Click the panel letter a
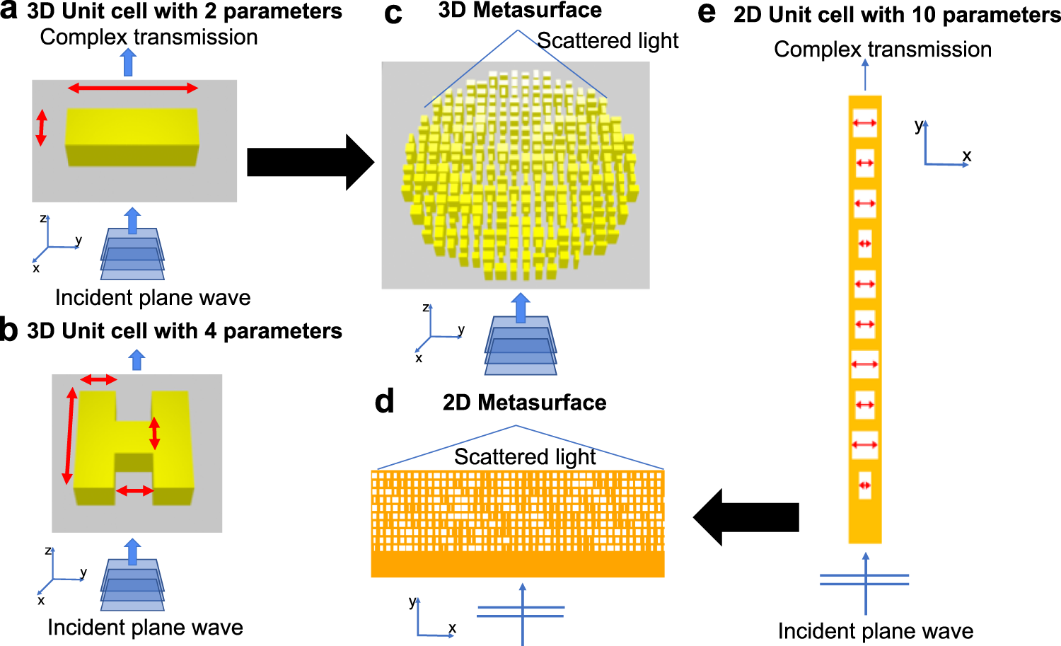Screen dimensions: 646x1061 pos(9,11)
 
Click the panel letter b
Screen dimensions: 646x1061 pos(9,330)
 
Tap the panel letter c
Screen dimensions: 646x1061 pos(393,14)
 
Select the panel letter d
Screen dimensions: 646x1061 pos(384,402)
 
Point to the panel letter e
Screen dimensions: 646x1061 pos(707,13)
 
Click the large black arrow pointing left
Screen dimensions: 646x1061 pos(746,517)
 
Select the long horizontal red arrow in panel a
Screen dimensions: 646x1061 pos(132,88)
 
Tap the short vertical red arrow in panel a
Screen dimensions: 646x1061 pos(41,127)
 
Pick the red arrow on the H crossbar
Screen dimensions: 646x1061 pos(154,434)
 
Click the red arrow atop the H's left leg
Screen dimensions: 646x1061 pos(98,380)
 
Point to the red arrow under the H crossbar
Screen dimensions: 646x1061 pos(134,490)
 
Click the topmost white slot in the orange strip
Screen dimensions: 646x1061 pos(864,123)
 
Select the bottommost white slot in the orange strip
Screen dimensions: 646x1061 pos(864,485)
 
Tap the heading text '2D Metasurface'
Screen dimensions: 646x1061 pos(524,403)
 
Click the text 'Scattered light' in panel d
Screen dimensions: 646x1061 pos(525,457)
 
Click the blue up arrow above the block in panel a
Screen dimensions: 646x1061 pos(128,63)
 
